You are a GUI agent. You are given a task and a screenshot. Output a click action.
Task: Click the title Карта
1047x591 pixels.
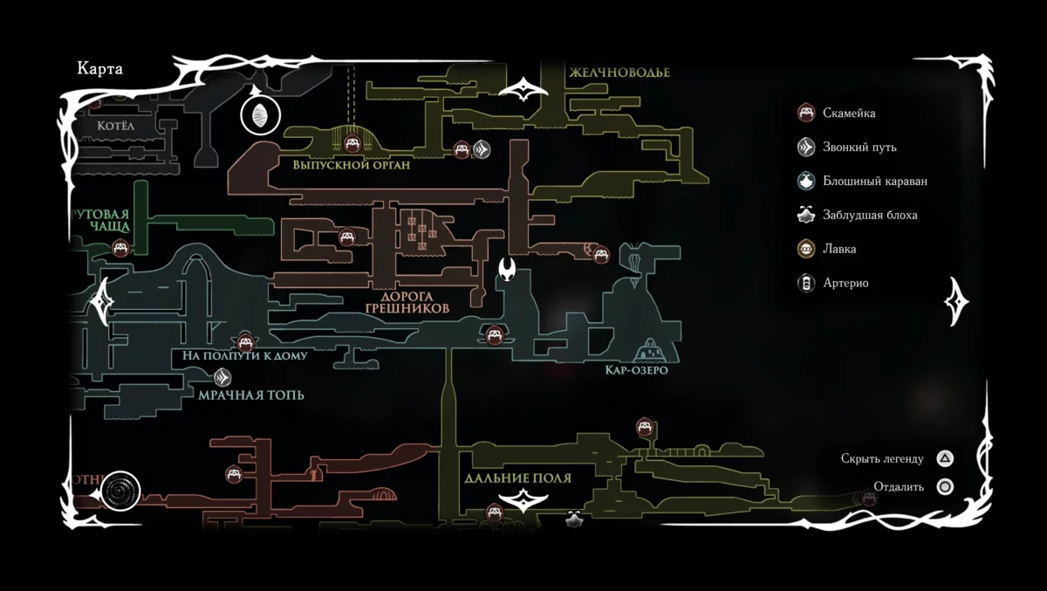tap(100, 69)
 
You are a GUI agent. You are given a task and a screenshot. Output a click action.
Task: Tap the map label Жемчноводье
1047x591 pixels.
tap(619, 72)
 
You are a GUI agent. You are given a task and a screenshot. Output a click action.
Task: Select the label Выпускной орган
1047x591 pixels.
tap(351, 165)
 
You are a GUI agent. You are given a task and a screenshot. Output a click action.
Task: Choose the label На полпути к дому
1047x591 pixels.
tap(244, 356)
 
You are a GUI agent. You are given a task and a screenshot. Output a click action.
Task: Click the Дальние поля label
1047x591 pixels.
tap(517, 478)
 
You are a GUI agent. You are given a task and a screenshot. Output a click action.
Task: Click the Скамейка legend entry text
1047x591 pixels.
tap(848, 113)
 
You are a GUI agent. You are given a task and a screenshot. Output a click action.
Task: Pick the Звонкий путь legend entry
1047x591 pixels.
tap(859, 147)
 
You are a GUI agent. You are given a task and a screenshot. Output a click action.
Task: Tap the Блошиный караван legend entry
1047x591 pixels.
tap(874, 181)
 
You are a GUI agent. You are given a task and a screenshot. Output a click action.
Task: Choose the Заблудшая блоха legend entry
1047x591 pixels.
tap(869, 215)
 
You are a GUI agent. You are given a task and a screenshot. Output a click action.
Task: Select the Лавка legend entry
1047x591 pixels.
tap(838, 249)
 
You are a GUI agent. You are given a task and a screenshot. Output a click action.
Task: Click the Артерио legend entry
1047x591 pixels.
tap(845, 283)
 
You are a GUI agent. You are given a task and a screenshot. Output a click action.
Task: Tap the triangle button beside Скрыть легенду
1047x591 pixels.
tap(945, 458)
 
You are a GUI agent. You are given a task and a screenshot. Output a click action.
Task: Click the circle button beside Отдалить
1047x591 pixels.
tap(945, 487)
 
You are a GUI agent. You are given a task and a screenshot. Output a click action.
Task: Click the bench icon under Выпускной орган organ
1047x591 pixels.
tap(352, 144)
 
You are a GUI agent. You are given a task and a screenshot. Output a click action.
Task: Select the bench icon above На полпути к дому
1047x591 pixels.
tap(245, 341)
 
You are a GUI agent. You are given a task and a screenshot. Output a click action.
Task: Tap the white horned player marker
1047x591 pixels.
tap(507, 270)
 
